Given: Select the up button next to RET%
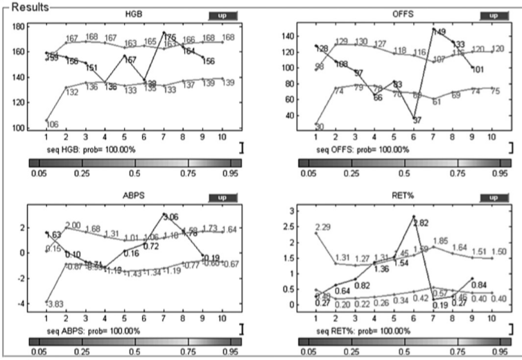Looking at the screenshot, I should (x=494, y=197).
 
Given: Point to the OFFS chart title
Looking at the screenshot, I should (x=401, y=15).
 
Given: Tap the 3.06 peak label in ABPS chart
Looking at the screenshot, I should (x=171, y=217).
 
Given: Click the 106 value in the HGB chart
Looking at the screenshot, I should (x=52, y=123).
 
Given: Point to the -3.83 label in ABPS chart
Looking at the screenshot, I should (x=52, y=305).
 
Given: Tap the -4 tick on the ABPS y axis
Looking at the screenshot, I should (x=21, y=304).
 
